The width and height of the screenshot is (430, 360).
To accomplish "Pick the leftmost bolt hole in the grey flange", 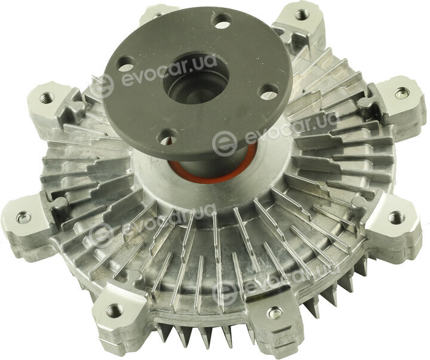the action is [125, 63].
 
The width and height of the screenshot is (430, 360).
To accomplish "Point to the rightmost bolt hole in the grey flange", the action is [269, 91].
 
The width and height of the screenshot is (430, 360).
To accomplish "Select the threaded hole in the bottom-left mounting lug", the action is [115, 310].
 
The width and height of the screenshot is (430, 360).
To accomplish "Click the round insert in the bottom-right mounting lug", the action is [275, 312].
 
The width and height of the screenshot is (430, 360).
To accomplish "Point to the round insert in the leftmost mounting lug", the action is [23, 218].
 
